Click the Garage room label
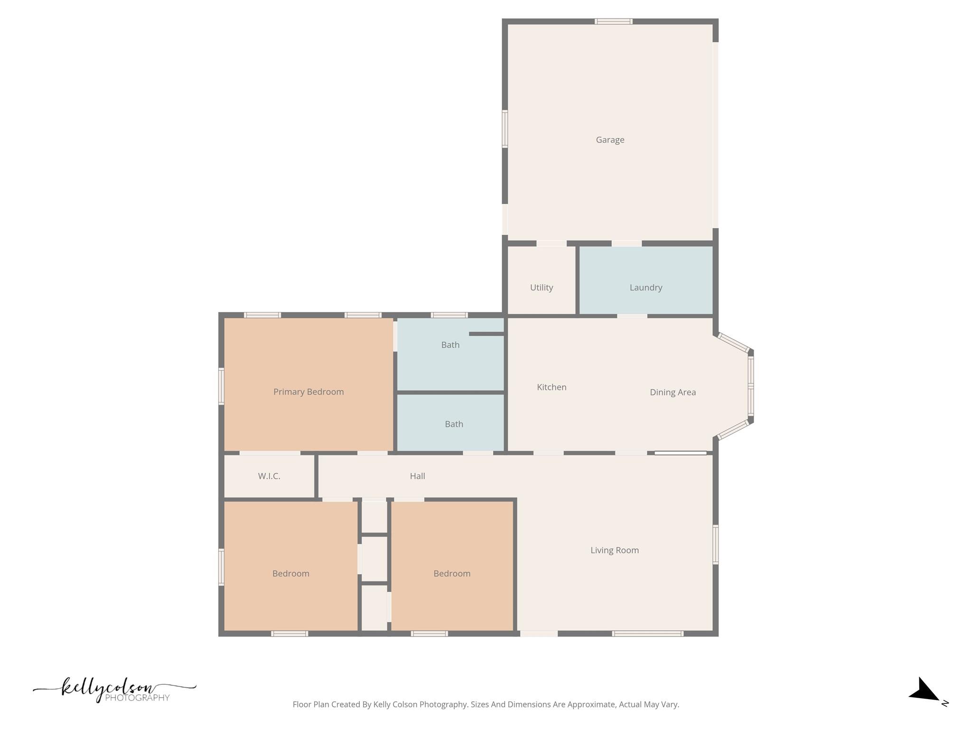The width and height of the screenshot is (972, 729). pyautogui.click(x=610, y=140)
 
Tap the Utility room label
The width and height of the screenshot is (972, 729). pyautogui.click(x=542, y=288)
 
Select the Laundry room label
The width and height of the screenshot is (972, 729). pyautogui.click(x=645, y=288)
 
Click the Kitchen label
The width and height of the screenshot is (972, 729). pyautogui.click(x=551, y=387)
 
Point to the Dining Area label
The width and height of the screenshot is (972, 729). pyautogui.click(x=673, y=393)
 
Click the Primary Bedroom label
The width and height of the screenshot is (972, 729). pyautogui.click(x=308, y=392)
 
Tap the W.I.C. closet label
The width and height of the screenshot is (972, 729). pyautogui.click(x=269, y=476)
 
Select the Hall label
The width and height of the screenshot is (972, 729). pyautogui.click(x=417, y=476)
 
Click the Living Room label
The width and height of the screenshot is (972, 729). pyautogui.click(x=615, y=551)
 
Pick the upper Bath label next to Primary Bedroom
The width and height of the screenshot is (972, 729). pyautogui.click(x=450, y=345)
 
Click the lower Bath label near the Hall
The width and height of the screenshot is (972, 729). pyautogui.click(x=454, y=424)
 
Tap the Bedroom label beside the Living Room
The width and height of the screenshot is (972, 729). pyautogui.click(x=452, y=574)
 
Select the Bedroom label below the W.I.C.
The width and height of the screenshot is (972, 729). pyautogui.click(x=290, y=574)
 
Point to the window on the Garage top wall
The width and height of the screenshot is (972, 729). pyautogui.click(x=613, y=21)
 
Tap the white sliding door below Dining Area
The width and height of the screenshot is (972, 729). pyautogui.click(x=680, y=453)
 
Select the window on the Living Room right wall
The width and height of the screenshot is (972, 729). pyautogui.click(x=716, y=544)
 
